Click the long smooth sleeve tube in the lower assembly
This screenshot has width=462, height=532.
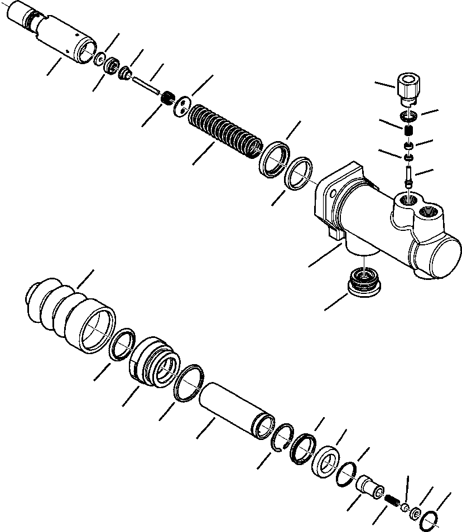coord(237,410)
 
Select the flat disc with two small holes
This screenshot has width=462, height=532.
coord(182,107)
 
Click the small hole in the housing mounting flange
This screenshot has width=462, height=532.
coord(333,195)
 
